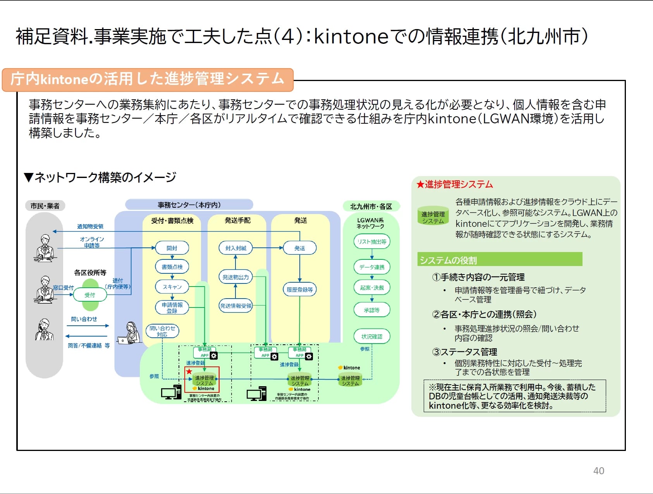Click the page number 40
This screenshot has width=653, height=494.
pyautogui.click(x=598, y=471)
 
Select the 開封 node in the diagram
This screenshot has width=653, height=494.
pyautogui.click(x=172, y=248)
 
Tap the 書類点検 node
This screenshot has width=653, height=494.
pyautogui.click(x=172, y=267)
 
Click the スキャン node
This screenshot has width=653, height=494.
pyautogui.click(x=172, y=287)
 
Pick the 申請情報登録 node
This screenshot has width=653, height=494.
pyautogui.click(x=172, y=308)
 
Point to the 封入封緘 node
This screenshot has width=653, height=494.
pyautogui.click(x=235, y=248)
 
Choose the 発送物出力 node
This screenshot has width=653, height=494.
pyautogui.click(x=235, y=277)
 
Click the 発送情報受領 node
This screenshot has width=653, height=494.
pyautogui.click(x=235, y=306)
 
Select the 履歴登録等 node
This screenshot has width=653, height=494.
pyautogui.click(x=299, y=290)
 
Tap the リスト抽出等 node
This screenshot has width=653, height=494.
pyautogui.click(x=372, y=242)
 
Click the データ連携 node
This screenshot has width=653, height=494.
pyautogui.click(x=372, y=267)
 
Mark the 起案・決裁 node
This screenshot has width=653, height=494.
pyautogui.click(x=372, y=288)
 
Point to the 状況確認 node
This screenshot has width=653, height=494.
pyautogui.click(x=372, y=337)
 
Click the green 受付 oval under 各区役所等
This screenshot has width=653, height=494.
pyautogui.click(x=90, y=295)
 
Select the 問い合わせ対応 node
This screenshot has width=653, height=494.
pyautogui.click(x=162, y=331)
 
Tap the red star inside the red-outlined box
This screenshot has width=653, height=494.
pyautogui.click(x=189, y=371)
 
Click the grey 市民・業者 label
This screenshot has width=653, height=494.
pyautogui.click(x=45, y=206)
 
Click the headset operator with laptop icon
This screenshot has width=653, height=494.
pyautogui.click(x=130, y=333)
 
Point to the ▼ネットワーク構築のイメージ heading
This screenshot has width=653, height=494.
pyautogui.click(x=100, y=178)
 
